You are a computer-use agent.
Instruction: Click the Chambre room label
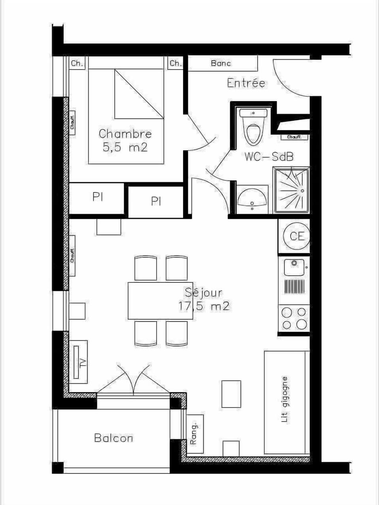coord(125,134)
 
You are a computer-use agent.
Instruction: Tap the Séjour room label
coord(204,293)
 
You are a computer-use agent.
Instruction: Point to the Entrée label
coord(246,83)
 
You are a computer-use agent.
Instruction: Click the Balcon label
coord(113,438)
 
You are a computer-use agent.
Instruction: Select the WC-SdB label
coord(269,156)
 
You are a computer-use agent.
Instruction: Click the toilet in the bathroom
coord(253,127)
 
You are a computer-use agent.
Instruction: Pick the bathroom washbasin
coord(252,198)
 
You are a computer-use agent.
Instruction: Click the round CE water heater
coord(297,236)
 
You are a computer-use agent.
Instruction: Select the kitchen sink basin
coord(294,267)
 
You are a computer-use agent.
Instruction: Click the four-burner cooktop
coord(294,318)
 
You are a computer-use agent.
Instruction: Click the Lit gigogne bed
coord(285,401)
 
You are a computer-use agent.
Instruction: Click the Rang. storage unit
coord(194,433)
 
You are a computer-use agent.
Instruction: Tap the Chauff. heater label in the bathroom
coord(294,137)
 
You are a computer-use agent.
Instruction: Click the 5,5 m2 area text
coord(125,147)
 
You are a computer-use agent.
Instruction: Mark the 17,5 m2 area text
coord(204,306)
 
